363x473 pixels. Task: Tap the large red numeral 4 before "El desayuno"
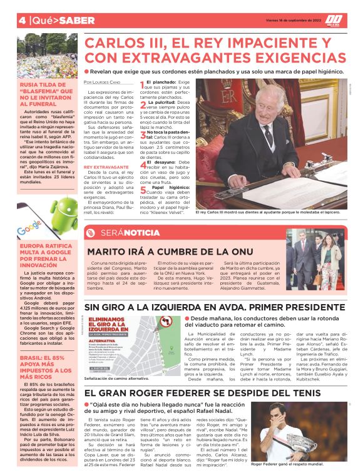coord(142,161)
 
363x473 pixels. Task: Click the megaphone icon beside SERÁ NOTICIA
coord(93,233)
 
